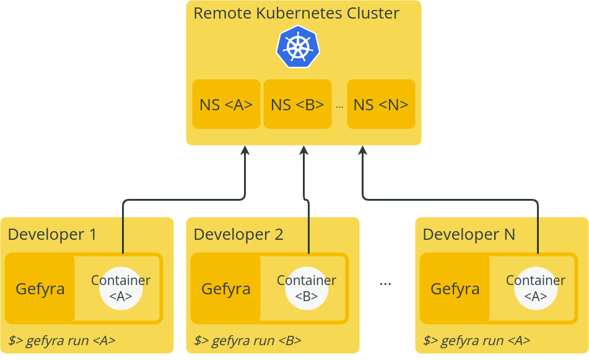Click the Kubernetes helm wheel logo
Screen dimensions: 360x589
coord(298,47)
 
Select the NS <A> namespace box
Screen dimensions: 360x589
coord(226,104)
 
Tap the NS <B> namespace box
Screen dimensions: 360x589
coord(297,104)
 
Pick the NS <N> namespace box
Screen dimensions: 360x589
coord(381,104)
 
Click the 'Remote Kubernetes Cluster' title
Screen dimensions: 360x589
coord(296,13)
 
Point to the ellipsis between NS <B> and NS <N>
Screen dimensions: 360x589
coord(339,106)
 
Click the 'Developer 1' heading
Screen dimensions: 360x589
coord(52,234)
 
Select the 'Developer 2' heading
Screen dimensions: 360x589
coord(238,234)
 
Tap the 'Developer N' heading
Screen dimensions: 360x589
coord(469,234)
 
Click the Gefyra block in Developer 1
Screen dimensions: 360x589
coord(40,289)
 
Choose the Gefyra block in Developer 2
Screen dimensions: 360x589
coord(226,289)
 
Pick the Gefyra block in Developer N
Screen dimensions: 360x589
coord(455,289)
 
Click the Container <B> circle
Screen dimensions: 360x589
coord(307,289)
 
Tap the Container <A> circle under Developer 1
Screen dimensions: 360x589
coord(121,289)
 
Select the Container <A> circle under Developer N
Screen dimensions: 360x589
coord(536,289)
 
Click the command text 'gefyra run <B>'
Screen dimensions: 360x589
coord(248,340)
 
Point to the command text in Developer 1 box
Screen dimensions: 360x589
coord(62,340)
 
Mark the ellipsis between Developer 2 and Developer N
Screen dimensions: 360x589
coord(385,283)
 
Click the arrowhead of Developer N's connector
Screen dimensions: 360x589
coord(363,150)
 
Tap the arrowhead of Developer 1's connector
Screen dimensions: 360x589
coord(245,150)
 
